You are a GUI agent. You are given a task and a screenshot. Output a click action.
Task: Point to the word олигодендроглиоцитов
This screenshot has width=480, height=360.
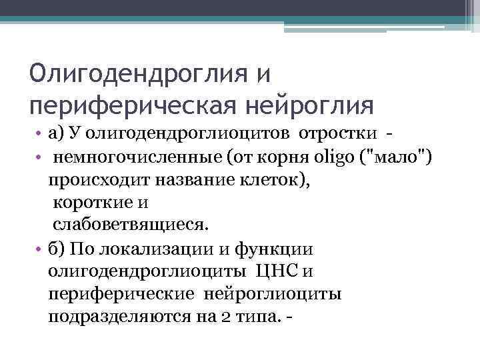(x=191, y=135)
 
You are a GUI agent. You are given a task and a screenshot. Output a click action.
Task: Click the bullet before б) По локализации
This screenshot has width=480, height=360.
(x=41, y=249)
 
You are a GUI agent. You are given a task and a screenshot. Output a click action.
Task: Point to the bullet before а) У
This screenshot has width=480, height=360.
(x=41, y=135)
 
